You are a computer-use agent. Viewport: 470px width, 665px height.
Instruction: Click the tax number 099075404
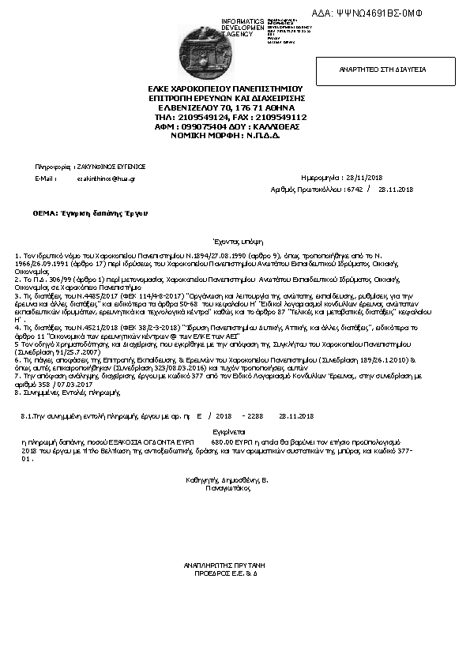[x=201, y=126]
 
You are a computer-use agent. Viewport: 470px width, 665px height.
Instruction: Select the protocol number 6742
[x=354, y=190]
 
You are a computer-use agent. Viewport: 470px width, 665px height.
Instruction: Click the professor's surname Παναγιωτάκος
[x=227, y=488]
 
